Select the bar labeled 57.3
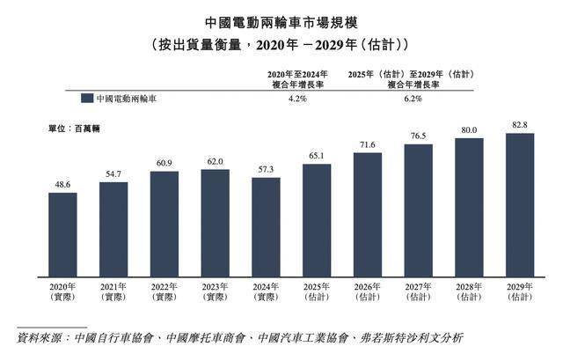coord(266,226)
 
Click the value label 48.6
coord(62,183)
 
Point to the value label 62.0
coord(216,161)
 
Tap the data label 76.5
coord(419,136)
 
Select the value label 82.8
coord(520,126)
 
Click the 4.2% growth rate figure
coord(297,99)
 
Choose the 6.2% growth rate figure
coord(413,99)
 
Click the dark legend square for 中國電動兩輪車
coord(86,99)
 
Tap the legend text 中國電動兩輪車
coord(127,99)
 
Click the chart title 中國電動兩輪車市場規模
coord(280,21)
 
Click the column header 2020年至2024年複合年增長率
coord(297,80)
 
